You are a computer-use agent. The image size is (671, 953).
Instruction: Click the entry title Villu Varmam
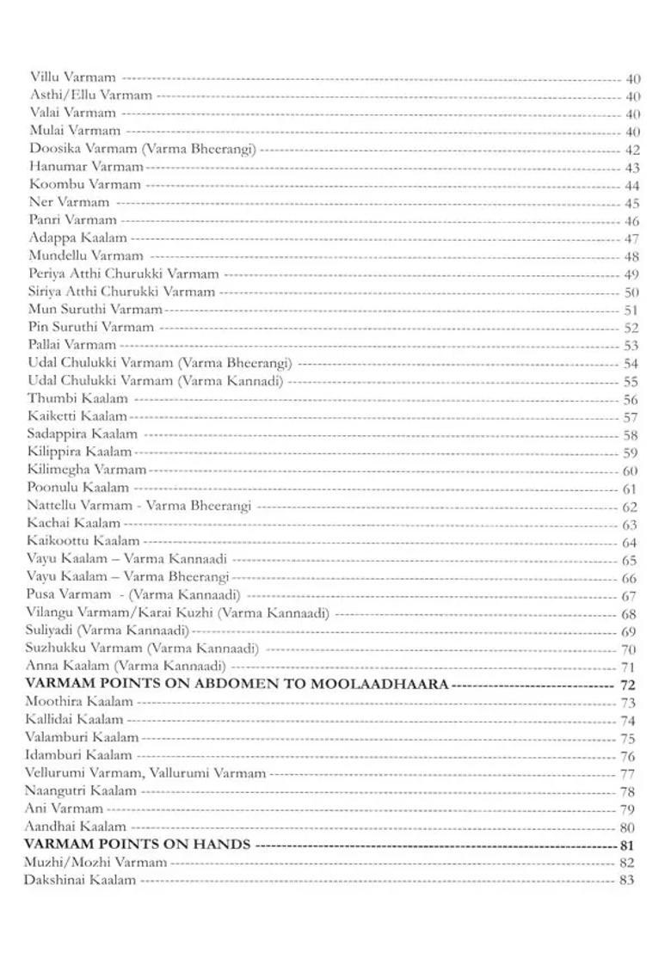pos(73,77)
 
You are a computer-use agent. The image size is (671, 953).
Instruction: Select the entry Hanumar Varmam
pos(86,166)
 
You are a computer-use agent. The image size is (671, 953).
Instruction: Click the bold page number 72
pos(627,686)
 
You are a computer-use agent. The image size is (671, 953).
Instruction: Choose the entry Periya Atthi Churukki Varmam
pos(124,274)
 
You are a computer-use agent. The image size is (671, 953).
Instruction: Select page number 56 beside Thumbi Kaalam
pos(631,400)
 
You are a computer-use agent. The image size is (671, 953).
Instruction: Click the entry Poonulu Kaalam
pos(78,488)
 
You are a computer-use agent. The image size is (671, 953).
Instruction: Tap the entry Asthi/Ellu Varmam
pos(91,95)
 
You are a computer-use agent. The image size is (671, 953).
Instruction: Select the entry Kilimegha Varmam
pos(87,470)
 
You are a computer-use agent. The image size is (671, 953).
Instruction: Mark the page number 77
pos(627,774)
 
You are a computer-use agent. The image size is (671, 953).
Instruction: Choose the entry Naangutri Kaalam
pos(82,790)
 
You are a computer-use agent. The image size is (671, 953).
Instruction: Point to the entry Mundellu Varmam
pos(86,255)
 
